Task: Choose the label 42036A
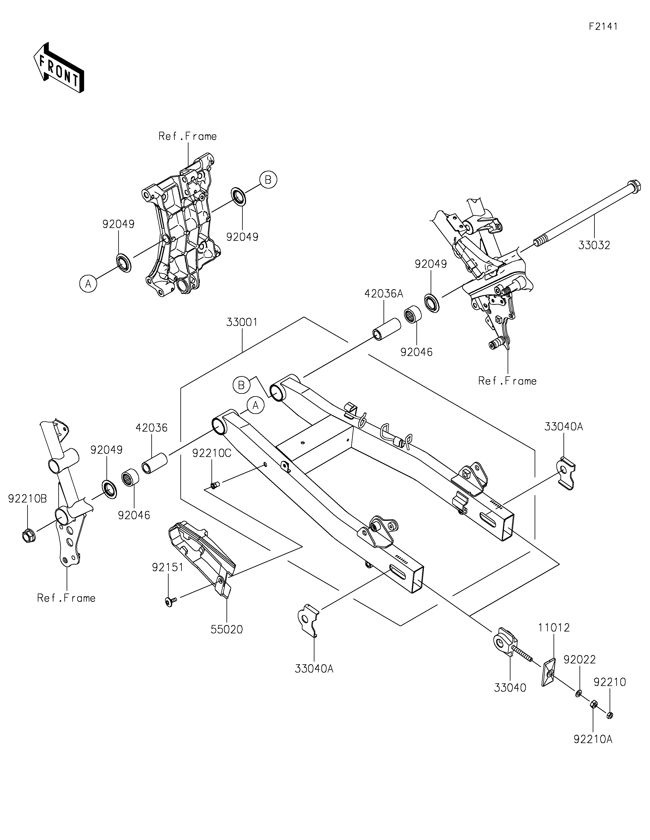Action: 384,294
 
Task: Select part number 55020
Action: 227,630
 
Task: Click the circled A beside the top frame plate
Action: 88,284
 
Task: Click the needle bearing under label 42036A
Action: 413,315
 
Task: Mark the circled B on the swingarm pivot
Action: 241,385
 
